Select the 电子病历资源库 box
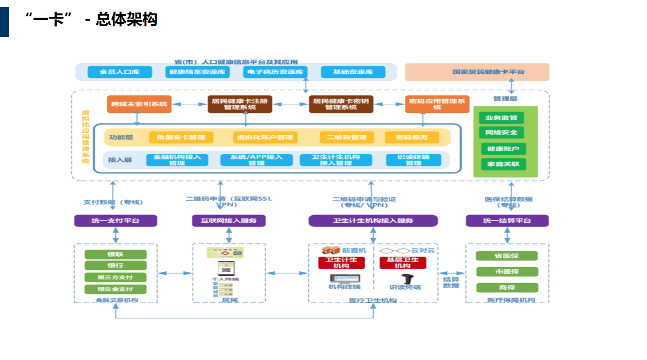coord(275,72)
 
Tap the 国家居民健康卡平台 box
coord(477,72)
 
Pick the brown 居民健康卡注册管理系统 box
coord(240,104)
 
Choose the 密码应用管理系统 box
coord(437,104)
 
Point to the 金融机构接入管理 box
coord(177,160)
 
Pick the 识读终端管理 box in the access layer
coord(413,160)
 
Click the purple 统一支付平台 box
coord(115,221)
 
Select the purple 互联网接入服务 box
coord(229,221)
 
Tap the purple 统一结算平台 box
coord(507,221)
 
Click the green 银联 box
coord(115,254)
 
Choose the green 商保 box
coord(507,287)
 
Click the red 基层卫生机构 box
coord(403,263)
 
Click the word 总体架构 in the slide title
coord(126,19)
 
